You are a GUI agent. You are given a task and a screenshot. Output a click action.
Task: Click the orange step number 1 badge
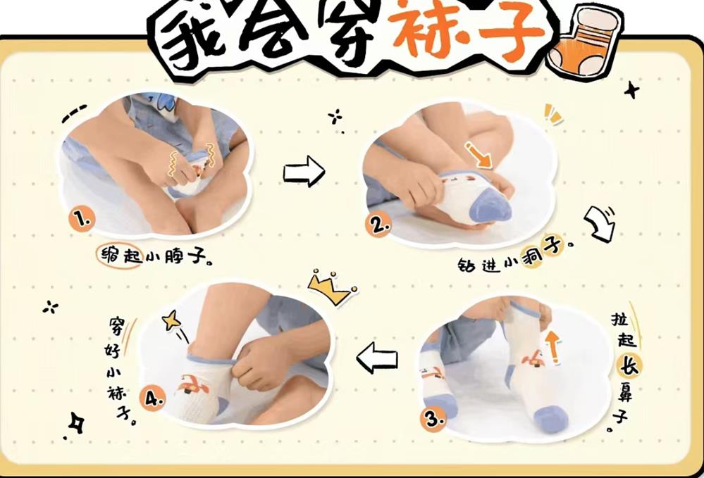(x=82, y=219)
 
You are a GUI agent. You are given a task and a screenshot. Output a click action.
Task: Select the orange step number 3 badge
(x=433, y=420)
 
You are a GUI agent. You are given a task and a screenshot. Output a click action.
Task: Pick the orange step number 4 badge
(x=153, y=398)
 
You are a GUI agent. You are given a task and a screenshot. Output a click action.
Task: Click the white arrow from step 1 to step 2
(x=304, y=171)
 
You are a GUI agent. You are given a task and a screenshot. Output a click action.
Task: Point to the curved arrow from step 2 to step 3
(x=600, y=223)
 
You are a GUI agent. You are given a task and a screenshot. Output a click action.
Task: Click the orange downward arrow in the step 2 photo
(x=478, y=156)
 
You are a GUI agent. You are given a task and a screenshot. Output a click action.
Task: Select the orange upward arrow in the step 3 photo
(x=552, y=347)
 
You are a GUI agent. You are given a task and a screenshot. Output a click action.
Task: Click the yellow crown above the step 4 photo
(x=331, y=287)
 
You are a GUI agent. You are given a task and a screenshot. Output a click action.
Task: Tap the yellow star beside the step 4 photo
(x=171, y=320)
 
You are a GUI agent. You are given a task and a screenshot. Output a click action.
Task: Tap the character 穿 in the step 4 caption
(x=116, y=327)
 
